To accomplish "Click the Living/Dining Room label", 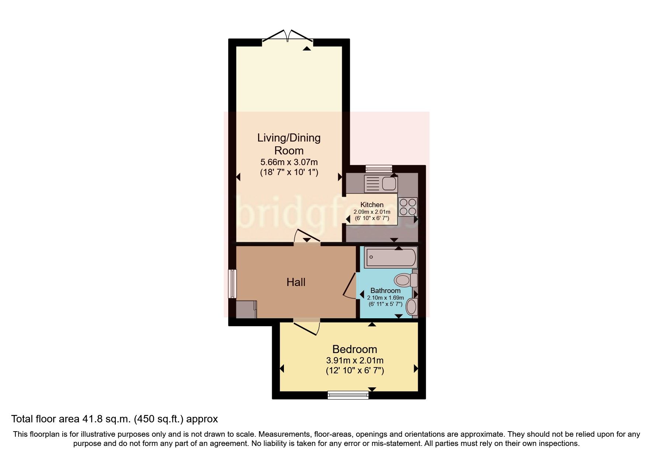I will [289, 144].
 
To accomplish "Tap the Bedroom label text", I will [354, 349].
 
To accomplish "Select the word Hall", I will [296, 282].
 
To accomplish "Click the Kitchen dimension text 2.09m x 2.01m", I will [372, 212].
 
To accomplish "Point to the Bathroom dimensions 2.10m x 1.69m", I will [385, 298].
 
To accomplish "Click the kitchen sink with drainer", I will [380, 184].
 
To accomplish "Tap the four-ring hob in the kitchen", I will [408, 207].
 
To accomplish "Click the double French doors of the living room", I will [288, 36].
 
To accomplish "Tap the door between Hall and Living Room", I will [307, 237].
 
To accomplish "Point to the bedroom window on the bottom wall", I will [348, 395].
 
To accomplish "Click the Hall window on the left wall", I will [232, 284].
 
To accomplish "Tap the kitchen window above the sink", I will [379, 168].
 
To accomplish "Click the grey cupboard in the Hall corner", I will [246, 309].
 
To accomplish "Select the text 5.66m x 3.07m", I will [289, 162].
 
